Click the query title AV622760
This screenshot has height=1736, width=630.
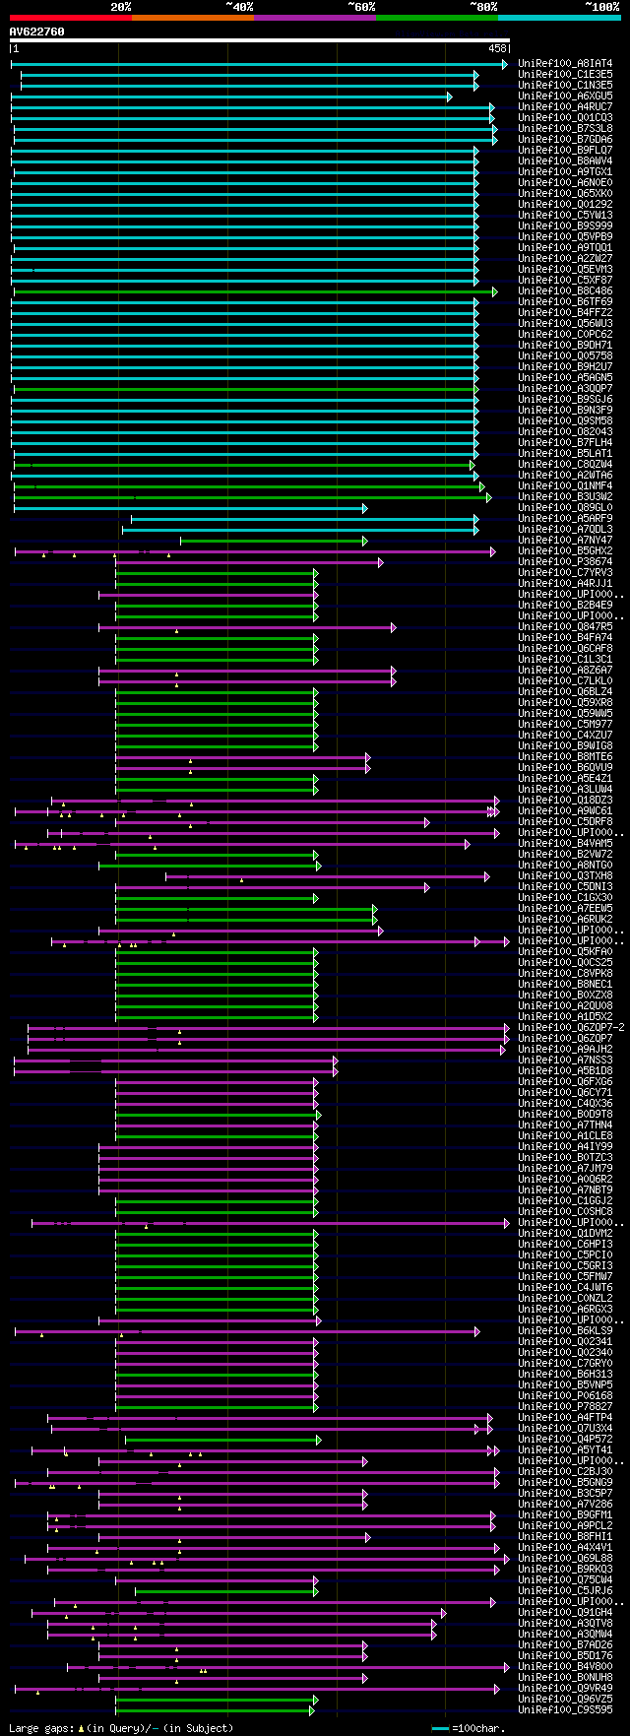tap(37, 32)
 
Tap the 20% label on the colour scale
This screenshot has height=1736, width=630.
tap(120, 7)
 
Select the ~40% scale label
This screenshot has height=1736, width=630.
tap(239, 7)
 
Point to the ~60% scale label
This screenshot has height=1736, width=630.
tap(361, 7)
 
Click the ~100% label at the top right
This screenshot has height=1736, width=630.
tap(601, 7)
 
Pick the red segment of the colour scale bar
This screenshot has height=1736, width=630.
tap(70, 18)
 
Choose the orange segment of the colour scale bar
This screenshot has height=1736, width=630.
tap(192, 18)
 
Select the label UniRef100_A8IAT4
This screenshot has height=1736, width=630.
tap(565, 63)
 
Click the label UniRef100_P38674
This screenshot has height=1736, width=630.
tap(565, 562)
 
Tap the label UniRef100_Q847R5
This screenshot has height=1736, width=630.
tap(565, 627)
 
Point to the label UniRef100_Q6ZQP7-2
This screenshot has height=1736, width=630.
tap(571, 1028)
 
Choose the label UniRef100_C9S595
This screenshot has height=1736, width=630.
tap(565, 1709)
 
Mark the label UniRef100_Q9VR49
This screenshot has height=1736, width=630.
tap(565, 1688)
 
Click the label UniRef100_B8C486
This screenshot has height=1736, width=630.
tap(565, 291)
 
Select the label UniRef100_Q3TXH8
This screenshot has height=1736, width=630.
tap(565, 876)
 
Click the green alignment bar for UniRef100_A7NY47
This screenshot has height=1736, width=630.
tap(272, 541)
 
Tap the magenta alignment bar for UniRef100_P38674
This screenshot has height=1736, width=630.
tap(246, 562)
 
